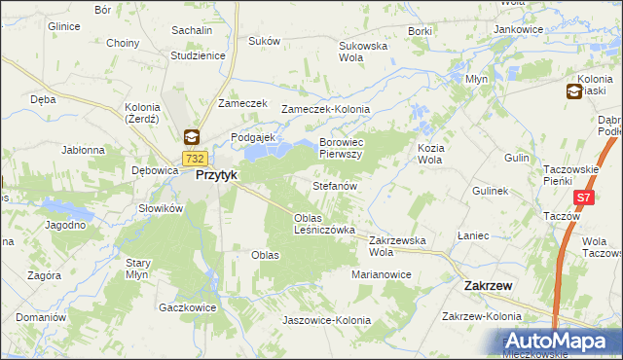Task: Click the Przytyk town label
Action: point(217,175)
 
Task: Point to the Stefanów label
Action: point(335,185)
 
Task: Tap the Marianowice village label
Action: point(382,275)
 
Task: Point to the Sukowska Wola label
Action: point(363,52)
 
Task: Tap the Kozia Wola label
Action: point(430,153)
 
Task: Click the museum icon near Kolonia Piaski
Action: point(575,91)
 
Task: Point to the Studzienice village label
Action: point(198,55)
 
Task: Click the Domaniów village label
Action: point(40,317)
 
